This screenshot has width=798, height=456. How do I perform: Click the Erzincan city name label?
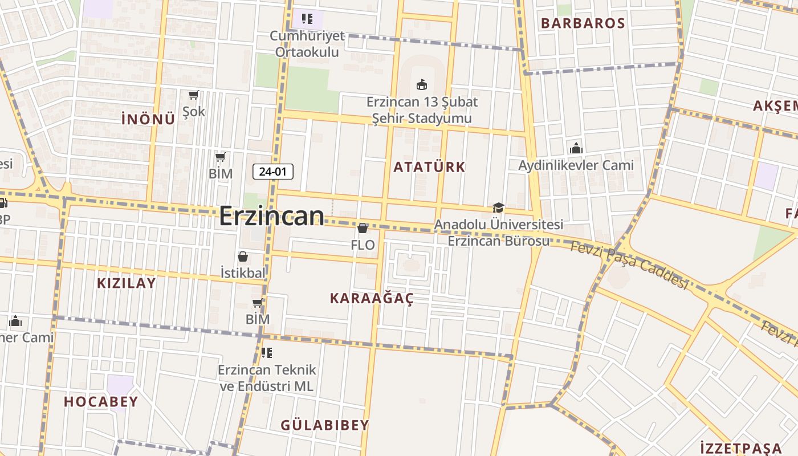coord(272,217)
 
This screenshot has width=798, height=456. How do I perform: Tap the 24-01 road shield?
coord(273,171)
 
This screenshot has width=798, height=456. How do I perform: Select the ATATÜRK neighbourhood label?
coord(429,167)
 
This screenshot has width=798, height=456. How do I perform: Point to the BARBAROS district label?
coord(583,23)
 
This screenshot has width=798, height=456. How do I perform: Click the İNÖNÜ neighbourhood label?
coord(148,119)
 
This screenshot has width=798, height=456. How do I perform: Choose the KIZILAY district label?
coord(126,283)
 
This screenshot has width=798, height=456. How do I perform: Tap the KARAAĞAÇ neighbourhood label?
coord(372,298)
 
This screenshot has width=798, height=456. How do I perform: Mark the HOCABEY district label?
coord(101,402)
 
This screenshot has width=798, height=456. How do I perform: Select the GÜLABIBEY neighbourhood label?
coord(325,425)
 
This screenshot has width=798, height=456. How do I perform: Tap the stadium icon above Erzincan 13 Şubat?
coord(421,85)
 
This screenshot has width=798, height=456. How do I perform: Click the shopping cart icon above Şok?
coord(193,95)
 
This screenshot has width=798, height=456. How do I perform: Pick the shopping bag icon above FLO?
coord(363,228)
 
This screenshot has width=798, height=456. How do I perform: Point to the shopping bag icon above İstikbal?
coord(243,256)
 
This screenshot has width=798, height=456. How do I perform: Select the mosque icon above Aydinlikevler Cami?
coord(576,148)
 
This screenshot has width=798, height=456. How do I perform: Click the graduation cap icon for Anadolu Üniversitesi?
coord(498,208)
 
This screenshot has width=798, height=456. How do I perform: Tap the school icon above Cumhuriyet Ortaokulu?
coord(307,19)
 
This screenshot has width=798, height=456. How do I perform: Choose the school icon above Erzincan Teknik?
coord(266,353)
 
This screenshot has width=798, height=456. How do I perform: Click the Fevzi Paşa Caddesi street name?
coord(629,264)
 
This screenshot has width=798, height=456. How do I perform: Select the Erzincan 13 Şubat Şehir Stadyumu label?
coord(422,110)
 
